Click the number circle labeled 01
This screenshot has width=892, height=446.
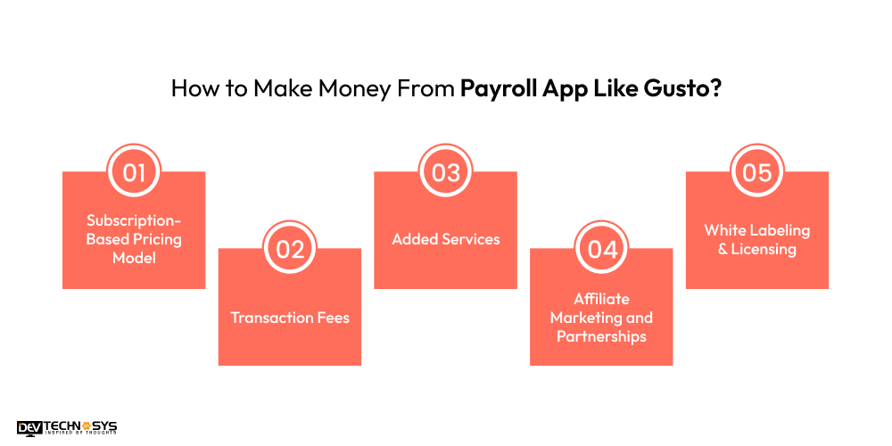(134, 172)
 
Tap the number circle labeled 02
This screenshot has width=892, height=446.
(290, 249)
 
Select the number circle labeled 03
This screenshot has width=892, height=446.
(445, 172)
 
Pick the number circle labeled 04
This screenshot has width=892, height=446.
(602, 249)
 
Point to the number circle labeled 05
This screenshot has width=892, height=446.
(756, 172)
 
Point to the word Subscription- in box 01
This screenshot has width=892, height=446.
(134, 220)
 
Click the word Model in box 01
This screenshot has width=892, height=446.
(134, 258)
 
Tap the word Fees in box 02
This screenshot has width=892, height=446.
(332, 317)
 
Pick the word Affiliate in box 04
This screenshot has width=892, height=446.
(602, 299)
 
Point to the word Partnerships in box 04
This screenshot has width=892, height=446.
(602, 336)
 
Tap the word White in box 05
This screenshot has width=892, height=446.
(724, 230)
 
